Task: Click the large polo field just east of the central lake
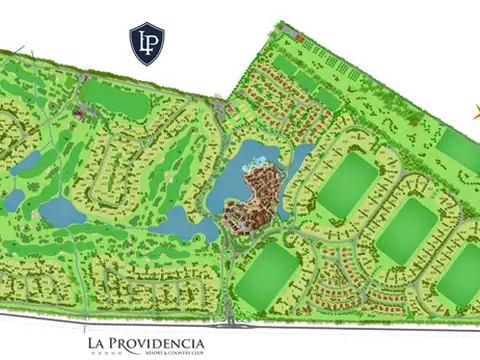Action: tap(346, 186)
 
